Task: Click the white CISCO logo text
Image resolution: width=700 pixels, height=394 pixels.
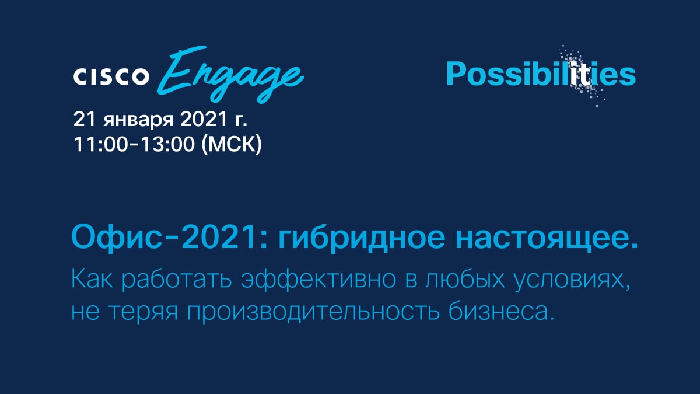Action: [111, 76]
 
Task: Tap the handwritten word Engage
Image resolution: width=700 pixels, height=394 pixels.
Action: [230, 75]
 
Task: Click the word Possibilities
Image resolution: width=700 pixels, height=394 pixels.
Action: [541, 74]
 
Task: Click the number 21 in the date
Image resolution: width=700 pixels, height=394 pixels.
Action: [84, 120]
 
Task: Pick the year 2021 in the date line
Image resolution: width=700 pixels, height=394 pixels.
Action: [203, 120]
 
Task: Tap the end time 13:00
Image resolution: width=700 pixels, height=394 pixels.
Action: [168, 145]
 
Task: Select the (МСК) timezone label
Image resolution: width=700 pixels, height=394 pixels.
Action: [232, 145]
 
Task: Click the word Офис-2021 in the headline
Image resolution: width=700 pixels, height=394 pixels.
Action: [170, 238]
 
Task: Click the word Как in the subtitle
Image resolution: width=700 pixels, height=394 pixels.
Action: [92, 279]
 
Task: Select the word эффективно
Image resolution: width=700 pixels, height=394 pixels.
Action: [318, 279]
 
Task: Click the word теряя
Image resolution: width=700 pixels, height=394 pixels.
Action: [143, 312]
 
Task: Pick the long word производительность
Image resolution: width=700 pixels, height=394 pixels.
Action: [313, 313]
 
